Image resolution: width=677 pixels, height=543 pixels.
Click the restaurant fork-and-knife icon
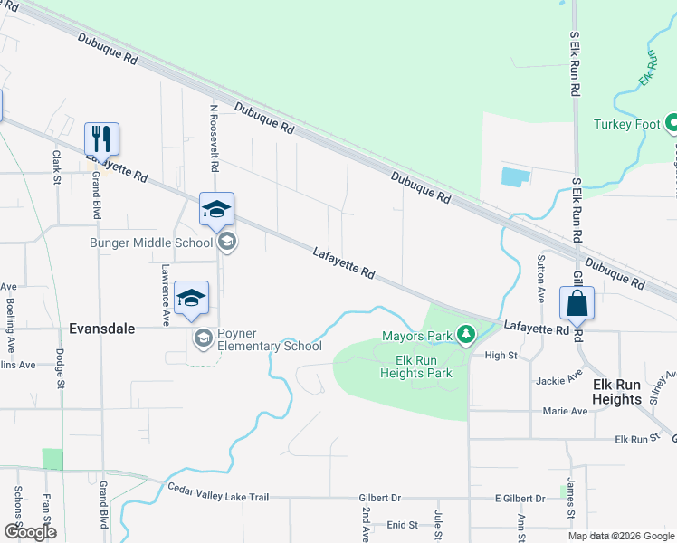click(x=101, y=138)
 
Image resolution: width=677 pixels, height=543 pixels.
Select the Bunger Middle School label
click(x=150, y=242)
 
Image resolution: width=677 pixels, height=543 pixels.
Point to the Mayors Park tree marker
click(x=466, y=336)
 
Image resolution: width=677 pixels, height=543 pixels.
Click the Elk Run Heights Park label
click(x=415, y=366)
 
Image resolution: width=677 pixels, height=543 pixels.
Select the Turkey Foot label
click(x=628, y=124)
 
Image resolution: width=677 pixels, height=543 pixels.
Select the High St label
click(x=501, y=356)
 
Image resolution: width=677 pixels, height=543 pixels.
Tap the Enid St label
click(x=402, y=524)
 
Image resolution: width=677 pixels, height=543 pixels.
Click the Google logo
click(x=31, y=532)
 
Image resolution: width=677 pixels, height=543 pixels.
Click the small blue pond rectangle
click(x=512, y=176)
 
